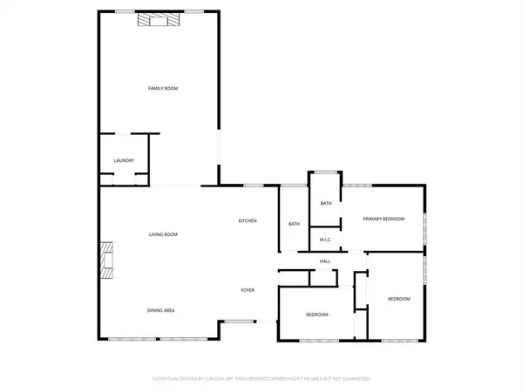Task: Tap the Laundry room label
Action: (x=124, y=161)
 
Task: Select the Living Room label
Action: (x=163, y=234)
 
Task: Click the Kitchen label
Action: (x=248, y=221)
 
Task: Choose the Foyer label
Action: (x=248, y=289)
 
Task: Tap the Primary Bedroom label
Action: (x=384, y=220)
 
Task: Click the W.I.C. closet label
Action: (x=324, y=240)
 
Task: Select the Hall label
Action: (x=325, y=261)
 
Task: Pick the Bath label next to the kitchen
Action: (x=294, y=225)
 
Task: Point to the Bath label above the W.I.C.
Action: (x=326, y=204)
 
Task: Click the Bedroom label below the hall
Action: (x=316, y=314)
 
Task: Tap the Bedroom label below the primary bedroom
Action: (x=398, y=299)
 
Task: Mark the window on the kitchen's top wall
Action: (x=254, y=186)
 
